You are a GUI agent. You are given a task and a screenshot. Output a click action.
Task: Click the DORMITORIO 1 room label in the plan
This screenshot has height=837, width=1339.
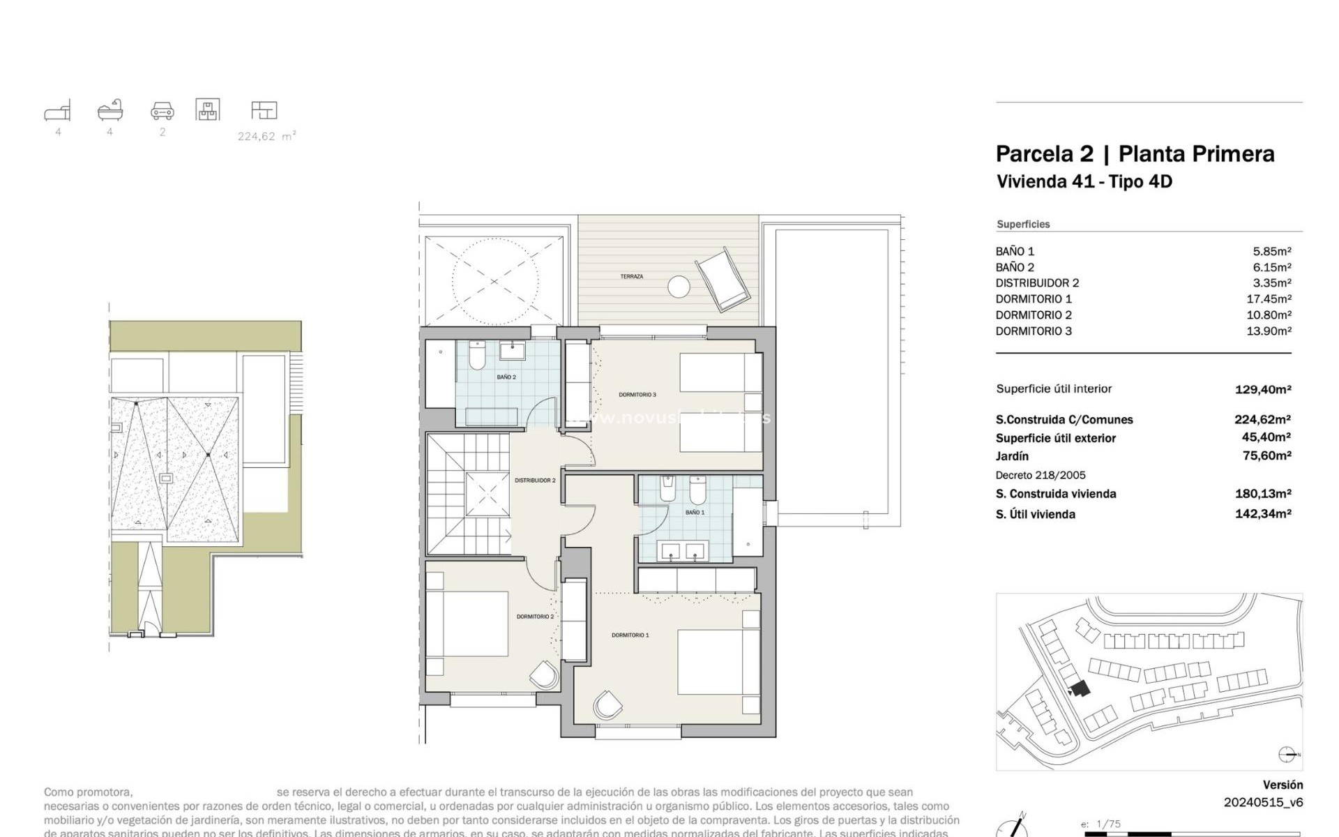[x=630, y=635]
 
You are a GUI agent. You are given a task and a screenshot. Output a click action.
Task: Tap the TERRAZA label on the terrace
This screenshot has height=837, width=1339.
[x=631, y=277]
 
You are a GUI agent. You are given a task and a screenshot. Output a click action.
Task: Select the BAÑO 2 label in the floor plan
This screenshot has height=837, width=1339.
[x=506, y=377]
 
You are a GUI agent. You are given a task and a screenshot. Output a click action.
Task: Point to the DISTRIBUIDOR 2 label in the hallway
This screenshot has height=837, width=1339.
[x=535, y=481]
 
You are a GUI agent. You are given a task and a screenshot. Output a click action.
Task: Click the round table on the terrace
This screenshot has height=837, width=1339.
[x=679, y=287]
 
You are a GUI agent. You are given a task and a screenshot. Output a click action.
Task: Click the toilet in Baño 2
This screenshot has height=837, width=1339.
[x=477, y=356]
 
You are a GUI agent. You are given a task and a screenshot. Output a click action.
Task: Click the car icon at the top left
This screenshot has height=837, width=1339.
[x=162, y=111]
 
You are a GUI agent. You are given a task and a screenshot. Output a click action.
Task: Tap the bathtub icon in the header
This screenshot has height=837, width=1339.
[x=110, y=110]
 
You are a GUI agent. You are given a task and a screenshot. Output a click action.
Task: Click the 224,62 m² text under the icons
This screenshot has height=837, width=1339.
[x=266, y=137]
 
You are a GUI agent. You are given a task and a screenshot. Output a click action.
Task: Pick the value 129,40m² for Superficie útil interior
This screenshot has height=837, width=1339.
[x=1262, y=390]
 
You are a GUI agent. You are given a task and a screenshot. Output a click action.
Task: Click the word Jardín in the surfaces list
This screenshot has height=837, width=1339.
[x=1012, y=456]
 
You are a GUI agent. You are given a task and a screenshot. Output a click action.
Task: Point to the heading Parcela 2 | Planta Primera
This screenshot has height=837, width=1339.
[x=1135, y=154]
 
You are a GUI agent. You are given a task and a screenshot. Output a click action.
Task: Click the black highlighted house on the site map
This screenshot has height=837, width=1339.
[x=1080, y=689]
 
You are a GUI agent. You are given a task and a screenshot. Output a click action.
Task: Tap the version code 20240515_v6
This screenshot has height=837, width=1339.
[x=1263, y=802]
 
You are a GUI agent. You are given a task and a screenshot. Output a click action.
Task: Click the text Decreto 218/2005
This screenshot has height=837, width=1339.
[x=1041, y=475]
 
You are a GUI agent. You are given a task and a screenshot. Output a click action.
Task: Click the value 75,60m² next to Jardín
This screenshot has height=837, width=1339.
[x=1262, y=455]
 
